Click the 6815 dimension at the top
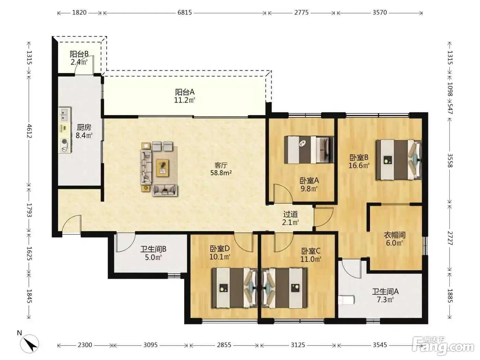(184, 12)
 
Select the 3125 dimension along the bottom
(298, 345)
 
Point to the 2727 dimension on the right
(450, 238)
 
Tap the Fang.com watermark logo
(443, 345)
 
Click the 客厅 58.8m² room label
(221, 169)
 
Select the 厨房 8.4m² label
(84, 131)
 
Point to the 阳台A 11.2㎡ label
(184, 96)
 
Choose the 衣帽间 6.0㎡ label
(395, 239)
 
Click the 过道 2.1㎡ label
(290, 218)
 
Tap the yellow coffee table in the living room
(162, 168)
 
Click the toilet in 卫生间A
(346, 300)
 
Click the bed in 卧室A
(309, 150)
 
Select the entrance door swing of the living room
(72, 224)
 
